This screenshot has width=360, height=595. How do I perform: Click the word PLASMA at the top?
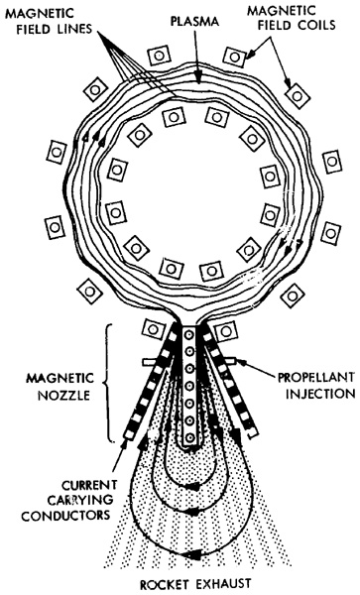click(194, 21)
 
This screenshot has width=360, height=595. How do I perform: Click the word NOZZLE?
click(63, 396)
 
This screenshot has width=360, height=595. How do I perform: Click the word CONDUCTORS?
click(65, 515)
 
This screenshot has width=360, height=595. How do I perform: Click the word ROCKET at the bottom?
click(165, 584)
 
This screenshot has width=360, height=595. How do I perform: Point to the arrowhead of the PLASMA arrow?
click(197, 77)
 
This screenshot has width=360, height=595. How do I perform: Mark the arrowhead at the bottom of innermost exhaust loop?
click(193, 486)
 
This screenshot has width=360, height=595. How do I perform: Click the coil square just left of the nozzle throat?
click(154, 329)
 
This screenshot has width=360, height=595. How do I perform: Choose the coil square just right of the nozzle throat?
click(226, 331)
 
